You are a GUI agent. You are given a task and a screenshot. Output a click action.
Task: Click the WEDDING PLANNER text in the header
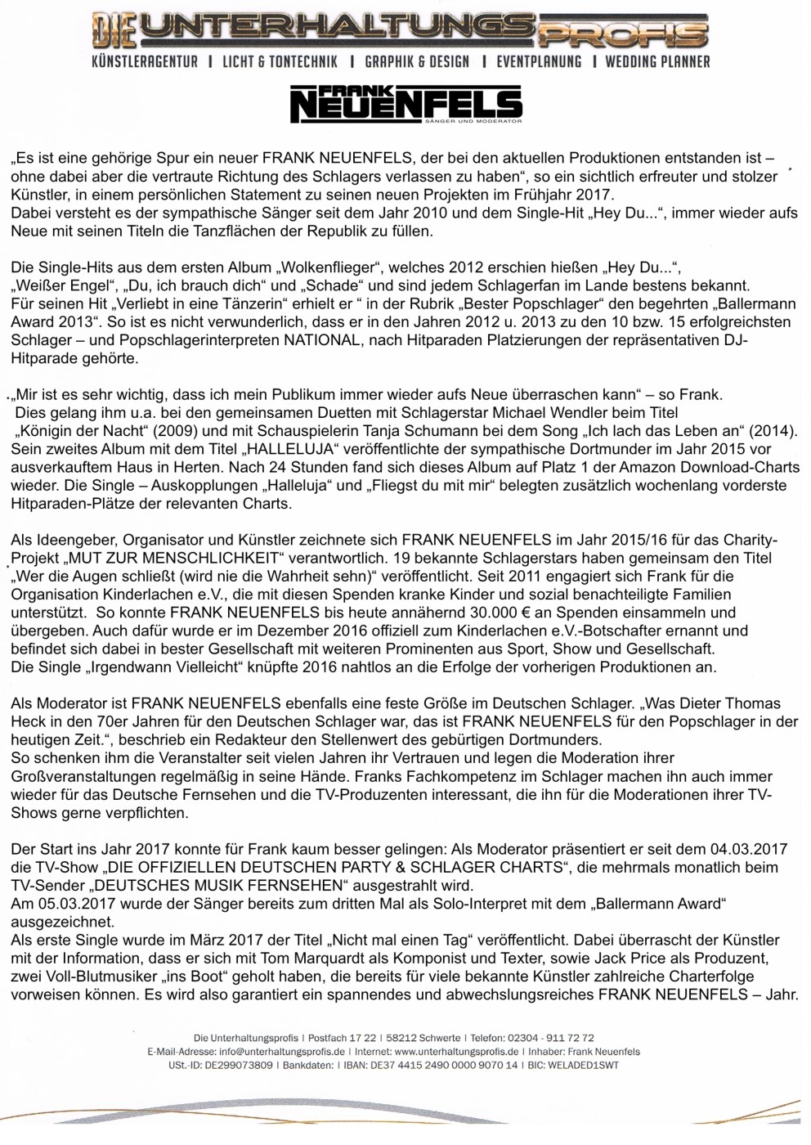coord(657,61)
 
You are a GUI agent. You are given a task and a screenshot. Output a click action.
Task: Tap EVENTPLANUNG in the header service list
coord(538,61)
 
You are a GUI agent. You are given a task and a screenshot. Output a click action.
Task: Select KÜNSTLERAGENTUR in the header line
coord(145,61)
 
